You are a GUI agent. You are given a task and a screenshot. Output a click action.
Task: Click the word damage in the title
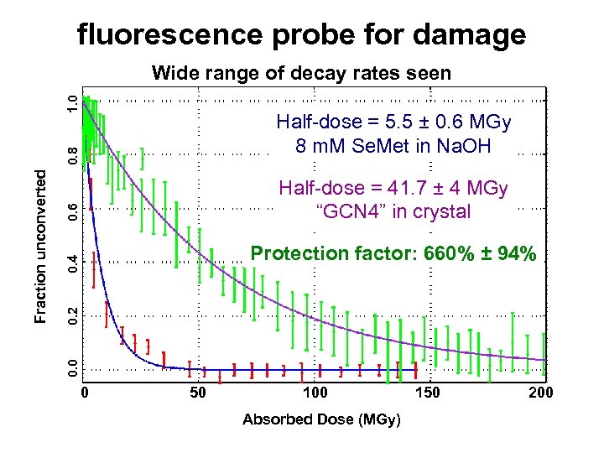pos(465,34)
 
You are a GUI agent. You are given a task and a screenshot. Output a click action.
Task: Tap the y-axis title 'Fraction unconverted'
pos(39,243)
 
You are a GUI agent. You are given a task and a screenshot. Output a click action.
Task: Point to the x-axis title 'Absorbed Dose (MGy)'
pos(321,419)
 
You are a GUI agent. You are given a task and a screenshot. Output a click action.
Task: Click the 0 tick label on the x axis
pos(83,393)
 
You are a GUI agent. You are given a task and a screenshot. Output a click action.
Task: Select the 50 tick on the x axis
pos(198,393)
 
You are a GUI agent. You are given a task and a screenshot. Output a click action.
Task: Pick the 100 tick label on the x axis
pos(314,393)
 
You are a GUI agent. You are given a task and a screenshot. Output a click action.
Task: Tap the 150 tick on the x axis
pos(428,393)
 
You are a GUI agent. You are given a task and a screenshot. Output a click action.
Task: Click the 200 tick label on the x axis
pos(541,393)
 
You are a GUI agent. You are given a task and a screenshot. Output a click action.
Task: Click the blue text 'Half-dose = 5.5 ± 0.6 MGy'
pos(393,122)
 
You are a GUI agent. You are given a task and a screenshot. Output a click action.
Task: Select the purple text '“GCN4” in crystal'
pos(393,211)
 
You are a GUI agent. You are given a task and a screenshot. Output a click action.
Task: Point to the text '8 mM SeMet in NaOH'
pos(393,146)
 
